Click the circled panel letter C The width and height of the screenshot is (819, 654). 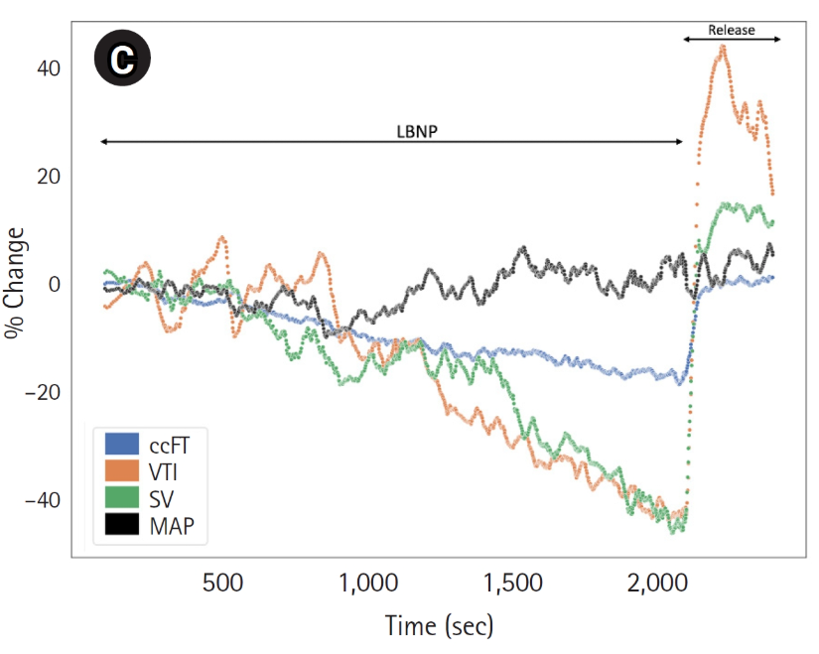click(121, 61)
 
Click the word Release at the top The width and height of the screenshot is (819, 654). click(732, 30)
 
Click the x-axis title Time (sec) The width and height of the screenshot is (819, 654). click(439, 626)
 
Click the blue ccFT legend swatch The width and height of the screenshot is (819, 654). click(121, 444)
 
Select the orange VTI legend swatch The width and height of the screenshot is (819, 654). click(121, 471)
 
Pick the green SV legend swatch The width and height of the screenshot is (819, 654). click(121, 499)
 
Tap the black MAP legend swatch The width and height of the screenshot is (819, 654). click(121, 527)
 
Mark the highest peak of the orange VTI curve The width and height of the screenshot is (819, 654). click(723, 46)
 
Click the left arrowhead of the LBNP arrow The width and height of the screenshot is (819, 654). click(101, 142)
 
